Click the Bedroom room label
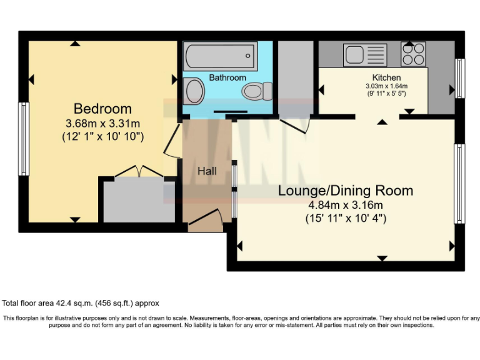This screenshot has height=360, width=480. pyautogui.click(x=103, y=108)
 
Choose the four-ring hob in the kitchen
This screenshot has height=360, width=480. pyautogui.click(x=413, y=54)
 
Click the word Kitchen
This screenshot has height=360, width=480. pyautogui.click(x=387, y=77)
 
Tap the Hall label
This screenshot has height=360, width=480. pyautogui.click(x=207, y=171)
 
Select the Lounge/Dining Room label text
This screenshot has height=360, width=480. pyautogui.click(x=346, y=191)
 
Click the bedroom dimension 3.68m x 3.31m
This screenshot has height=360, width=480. pyautogui.click(x=103, y=122)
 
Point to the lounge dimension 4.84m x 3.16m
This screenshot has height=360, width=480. pyautogui.click(x=346, y=205)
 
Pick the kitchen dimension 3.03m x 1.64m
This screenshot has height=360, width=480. pyautogui.click(x=387, y=86)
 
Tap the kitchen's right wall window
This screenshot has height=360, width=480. pyautogui.click(x=459, y=78)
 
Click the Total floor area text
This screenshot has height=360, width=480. pyautogui.click(x=81, y=303)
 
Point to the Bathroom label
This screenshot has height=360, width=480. pyautogui.click(x=227, y=77)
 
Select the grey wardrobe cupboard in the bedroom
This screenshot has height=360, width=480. pyautogui.click(x=139, y=201)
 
